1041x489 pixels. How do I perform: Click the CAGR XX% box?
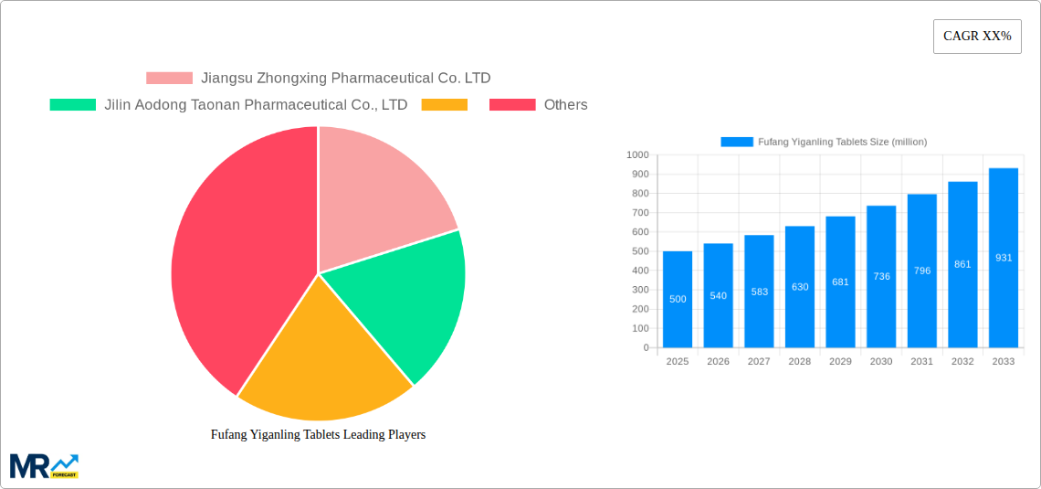tap(977, 37)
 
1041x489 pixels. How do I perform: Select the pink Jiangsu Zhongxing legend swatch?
tap(169, 79)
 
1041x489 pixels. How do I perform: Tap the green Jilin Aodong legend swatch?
tap(73, 105)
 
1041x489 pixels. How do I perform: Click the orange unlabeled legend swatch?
tap(444, 105)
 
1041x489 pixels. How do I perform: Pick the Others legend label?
tap(565, 105)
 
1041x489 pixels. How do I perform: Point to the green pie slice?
tap(402, 302)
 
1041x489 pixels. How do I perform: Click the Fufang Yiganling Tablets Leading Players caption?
tap(318, 435)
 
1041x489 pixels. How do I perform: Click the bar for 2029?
tap(840, 282)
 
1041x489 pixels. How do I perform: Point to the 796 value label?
tap(921, 271)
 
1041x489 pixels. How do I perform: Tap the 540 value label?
tap(719, 295)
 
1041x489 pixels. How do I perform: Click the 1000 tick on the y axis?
tap(637, 155)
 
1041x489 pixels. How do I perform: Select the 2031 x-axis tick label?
tap(921, 362)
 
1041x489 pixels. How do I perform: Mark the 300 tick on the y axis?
tap(639, 290)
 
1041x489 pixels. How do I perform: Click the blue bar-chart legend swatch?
tap(737, 142)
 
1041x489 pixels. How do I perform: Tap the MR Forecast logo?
tap(44, 465)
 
